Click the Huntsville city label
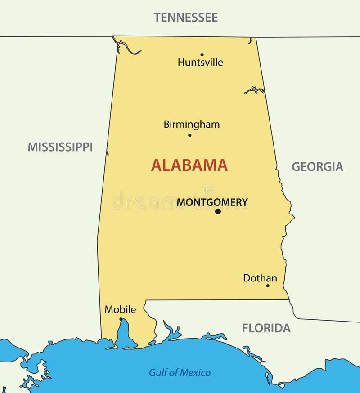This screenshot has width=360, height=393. click(x=200, y=63)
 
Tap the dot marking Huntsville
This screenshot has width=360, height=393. click(x=202, y=54)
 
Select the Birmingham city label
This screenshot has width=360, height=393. click(x=192, y=125)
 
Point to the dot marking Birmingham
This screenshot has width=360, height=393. click(x=189, y=135)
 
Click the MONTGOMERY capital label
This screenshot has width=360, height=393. click(x=212, y=202)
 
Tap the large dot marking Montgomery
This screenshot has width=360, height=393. click(x=218, y=211)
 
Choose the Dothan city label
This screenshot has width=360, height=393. click(x=260, y=278)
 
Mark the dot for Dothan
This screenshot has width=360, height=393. click(x=267, y=286)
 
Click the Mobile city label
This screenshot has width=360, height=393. click(x=120, y=309)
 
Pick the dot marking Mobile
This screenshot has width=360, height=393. click(x=121, y=319)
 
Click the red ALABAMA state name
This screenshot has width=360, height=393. click(x=189, y=165)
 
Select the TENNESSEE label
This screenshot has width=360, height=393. click(x=186, y=18)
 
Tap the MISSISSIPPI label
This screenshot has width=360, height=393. click(x=60, y=147)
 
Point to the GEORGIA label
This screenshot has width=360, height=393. click(x=317, y=167)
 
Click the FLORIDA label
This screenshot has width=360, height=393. click(x=266, y=328)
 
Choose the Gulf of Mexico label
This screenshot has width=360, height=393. click(x=180, y=373)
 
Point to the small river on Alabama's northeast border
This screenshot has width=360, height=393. click(x=255, y=90)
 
